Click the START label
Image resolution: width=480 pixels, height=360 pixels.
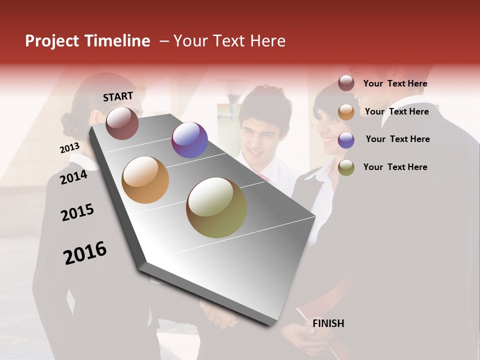(118, 96)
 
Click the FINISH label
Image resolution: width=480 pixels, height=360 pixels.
(328, 323)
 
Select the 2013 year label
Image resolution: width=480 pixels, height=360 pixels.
(69, 148)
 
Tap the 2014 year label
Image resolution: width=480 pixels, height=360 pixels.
(73, 177)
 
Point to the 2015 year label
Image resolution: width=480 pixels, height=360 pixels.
(77, 212)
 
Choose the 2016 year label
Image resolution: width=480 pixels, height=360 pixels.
(85, 252)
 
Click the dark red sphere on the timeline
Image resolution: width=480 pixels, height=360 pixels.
(122, 123)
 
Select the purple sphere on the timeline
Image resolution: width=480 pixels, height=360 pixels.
(189, 140)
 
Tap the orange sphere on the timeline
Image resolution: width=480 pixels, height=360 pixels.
(145, 180)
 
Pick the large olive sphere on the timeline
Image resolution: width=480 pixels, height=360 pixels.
(216, 207)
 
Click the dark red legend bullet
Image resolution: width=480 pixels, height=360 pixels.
(346, 83)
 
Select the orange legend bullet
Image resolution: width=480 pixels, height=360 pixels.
(346, 112)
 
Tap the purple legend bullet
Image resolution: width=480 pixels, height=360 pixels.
(346, 140)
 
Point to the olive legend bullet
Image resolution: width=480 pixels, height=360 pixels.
(346, 167)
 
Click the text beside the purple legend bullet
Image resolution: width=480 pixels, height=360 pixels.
(397, 139)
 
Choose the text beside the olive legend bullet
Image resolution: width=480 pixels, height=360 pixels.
(395, 167)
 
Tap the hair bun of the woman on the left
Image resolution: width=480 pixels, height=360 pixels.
(68, 120)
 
